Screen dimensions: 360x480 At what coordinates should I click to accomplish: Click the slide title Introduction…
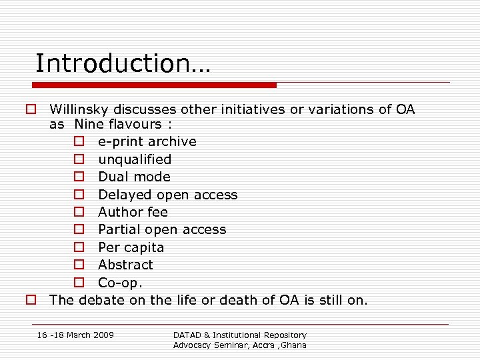click(x=122, y=63)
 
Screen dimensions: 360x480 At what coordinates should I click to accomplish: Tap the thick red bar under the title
click(x=155, y=85)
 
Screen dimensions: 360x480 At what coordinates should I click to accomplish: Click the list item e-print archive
click(x=147, y=141)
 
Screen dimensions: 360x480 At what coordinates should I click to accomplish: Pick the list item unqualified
click(x=135, y=159)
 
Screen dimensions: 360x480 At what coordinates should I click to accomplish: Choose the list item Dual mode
click(x=134, y=177)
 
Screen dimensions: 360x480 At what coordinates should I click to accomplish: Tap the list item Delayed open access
click(x=167, y=195)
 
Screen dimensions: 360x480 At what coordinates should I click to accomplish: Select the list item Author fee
click(x=133, y=212)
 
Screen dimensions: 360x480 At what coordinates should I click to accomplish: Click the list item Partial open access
click(x=162, y=229)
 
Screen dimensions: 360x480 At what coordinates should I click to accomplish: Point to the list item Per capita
click(x=131, y=247)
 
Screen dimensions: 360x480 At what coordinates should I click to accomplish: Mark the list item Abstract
click(x=125, y=265)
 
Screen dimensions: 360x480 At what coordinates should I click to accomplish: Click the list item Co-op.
click(x=121, y=283)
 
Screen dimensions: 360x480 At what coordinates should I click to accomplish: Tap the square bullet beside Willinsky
click(x=31, y=109)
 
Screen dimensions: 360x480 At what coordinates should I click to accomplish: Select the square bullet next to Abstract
click(x=79, y=265)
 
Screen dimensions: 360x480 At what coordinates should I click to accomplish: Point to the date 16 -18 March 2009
click(x=75, y=335)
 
